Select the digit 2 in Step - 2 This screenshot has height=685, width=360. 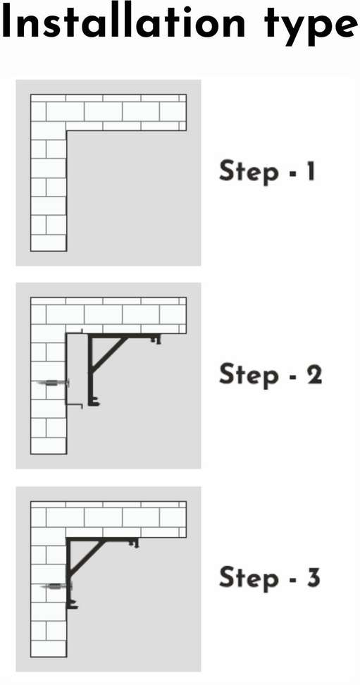[314, 374]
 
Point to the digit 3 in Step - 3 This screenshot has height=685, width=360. [312, 577]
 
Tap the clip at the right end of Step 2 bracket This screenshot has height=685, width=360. [157, 340]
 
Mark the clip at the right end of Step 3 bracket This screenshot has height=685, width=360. [135, 544]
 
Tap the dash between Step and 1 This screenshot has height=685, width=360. [287, 173]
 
